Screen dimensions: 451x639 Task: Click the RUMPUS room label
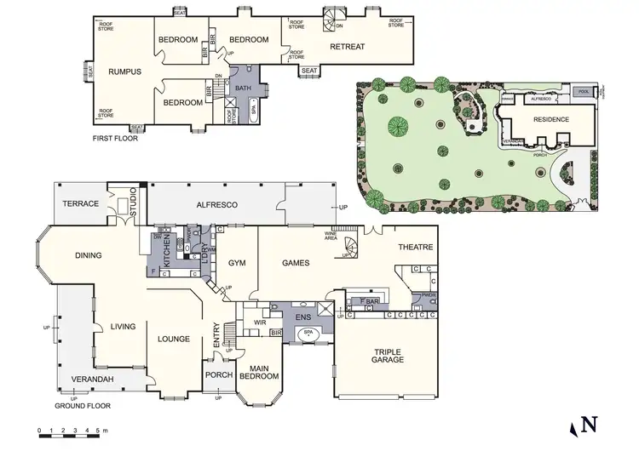(x=124, y=71)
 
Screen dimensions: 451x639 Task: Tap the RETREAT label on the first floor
(x=348, y=46)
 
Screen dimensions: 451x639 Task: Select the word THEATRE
(x=416, y=248)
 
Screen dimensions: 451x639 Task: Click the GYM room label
(x=237, y=263)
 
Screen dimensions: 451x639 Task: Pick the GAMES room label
(x=295, y=263)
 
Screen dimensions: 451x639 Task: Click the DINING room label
(x=88, y=254)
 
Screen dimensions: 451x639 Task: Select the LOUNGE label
(x=174, y=339)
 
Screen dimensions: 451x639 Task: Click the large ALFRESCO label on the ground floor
(x=216, y=205)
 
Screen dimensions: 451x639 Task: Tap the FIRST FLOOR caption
(x=113, y=137)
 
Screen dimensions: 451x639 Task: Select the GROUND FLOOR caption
(x=83, y=406)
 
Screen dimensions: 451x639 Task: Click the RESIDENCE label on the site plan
(x=550, y=119)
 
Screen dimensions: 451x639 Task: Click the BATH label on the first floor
(x=242, y=88)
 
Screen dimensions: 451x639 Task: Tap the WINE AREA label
(x=334, y=237)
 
